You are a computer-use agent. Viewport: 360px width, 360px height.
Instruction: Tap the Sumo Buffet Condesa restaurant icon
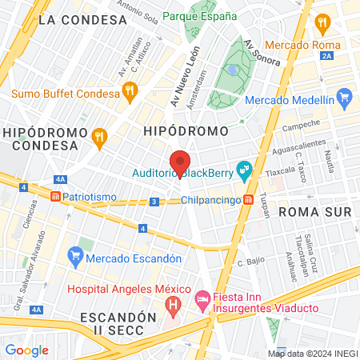[130, 94]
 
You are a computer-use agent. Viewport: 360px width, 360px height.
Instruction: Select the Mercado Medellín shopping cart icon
[345, 101]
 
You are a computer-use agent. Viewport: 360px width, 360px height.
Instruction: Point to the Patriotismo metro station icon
[55, 196]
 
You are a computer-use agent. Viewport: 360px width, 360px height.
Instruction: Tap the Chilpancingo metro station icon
[249, 199]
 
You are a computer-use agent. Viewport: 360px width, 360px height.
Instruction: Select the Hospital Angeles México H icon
[171, 305]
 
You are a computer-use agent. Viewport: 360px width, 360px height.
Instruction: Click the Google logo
[26, 350]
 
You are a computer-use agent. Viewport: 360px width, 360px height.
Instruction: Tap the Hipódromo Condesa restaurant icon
[99, 137]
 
